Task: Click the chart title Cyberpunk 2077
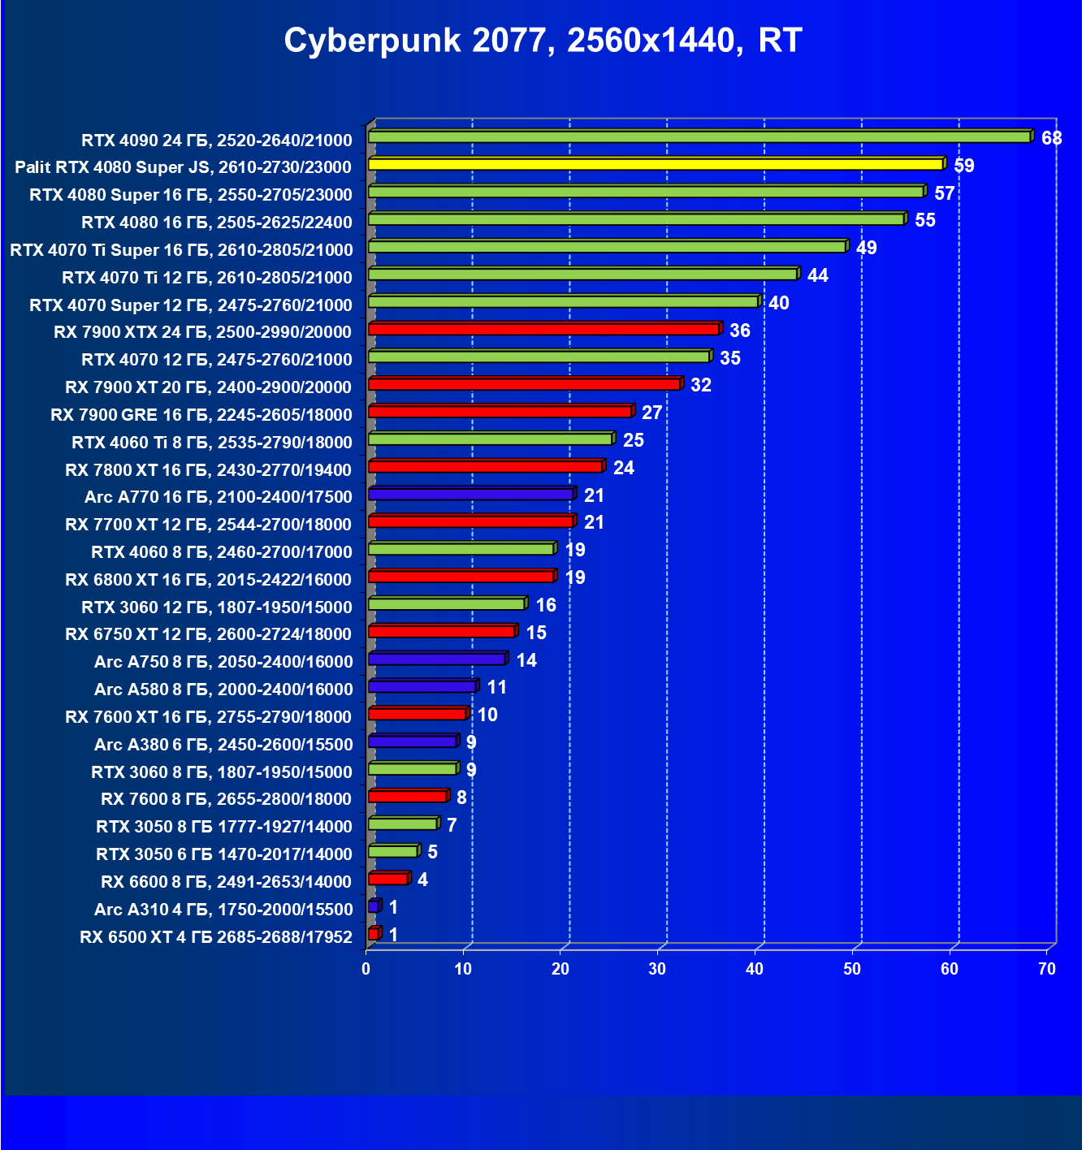[543, 41]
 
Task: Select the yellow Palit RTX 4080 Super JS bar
[655, 164]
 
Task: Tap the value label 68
[1051, 138]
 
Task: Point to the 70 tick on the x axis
[1047, 969]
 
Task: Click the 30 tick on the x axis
[657, 969]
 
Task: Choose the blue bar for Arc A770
[470, 494]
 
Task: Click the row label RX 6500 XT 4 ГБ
[216, 937]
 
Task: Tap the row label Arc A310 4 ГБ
[223, 910]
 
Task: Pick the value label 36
[739, 331]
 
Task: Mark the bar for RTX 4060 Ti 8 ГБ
[490, 439]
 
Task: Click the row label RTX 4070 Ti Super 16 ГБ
[181, 250]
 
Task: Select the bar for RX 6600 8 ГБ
[387, 879]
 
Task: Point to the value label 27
[651, 413]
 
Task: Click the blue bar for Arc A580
[422, 686]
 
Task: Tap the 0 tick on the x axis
[366, 969]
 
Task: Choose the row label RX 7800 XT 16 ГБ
[208, 470]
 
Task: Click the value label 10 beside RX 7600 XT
[487, 715]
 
